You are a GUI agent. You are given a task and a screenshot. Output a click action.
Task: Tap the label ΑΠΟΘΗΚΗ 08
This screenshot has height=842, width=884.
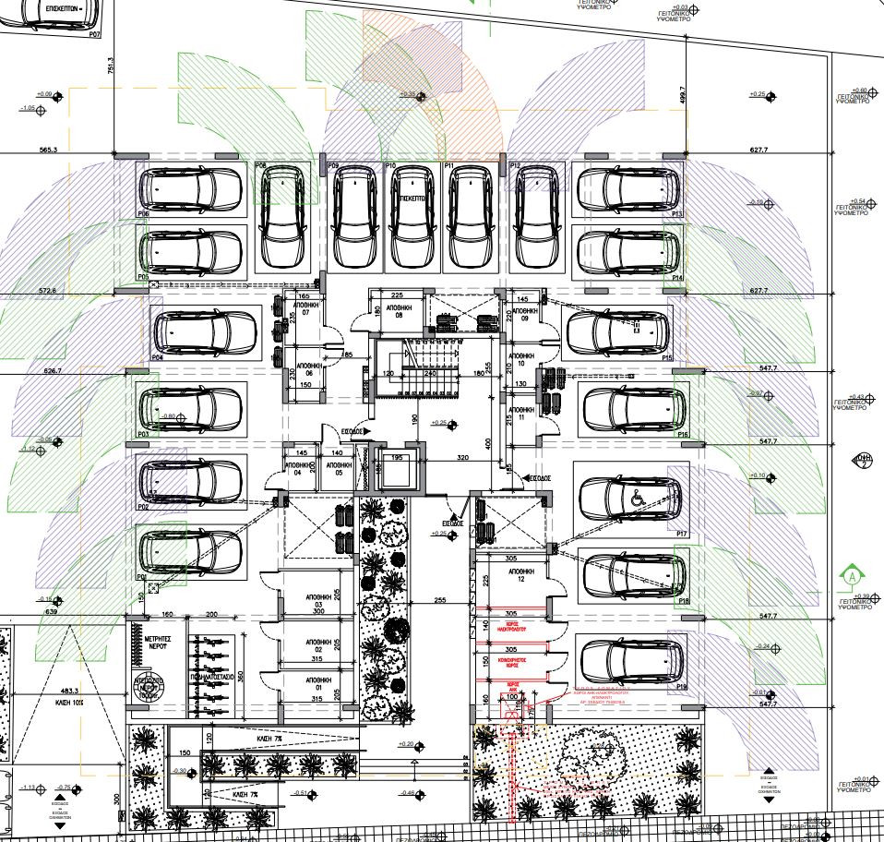click(398, 309)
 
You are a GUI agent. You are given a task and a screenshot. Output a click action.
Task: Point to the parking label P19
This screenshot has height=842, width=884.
click(681, 687)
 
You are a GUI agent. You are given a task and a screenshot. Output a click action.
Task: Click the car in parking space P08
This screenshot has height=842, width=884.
click(282, 217)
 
